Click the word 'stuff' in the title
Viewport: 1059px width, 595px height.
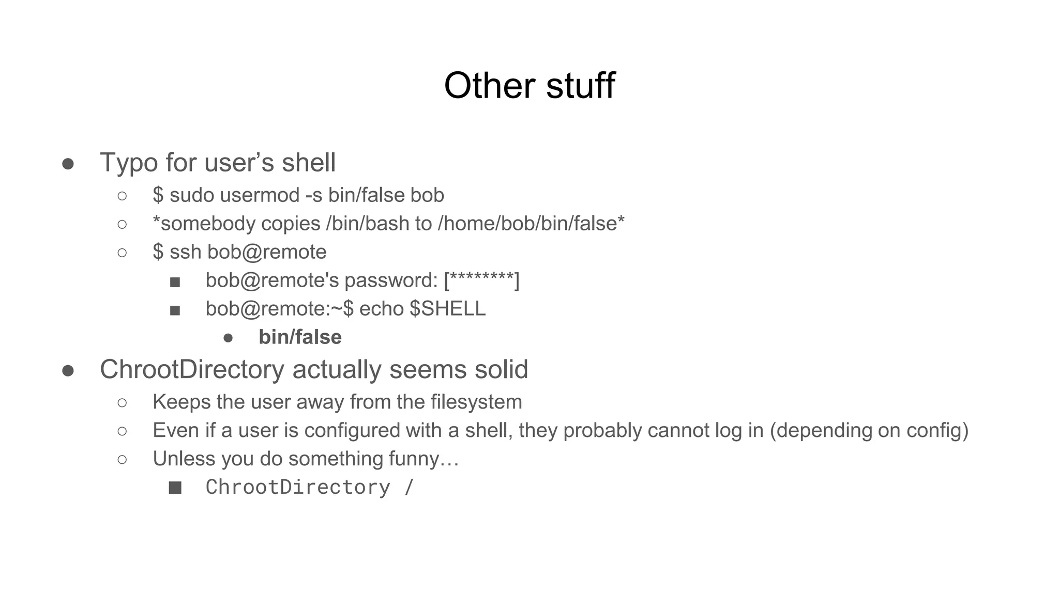[x=580, y=85]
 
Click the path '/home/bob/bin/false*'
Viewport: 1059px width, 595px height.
[x=531, y=224]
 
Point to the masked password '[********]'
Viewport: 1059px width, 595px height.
[x=481, y=280]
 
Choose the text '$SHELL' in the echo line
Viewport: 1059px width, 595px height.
[x=447, y=309]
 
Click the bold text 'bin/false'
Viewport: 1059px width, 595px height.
[x=300, y=337]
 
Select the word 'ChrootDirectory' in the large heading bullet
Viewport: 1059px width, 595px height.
[x=192, y=370]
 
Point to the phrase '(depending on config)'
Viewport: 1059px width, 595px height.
[x=869, y=430]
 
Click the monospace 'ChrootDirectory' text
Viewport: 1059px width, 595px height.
[x=298, y=487]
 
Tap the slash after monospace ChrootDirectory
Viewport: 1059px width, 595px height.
[x=409, y=487]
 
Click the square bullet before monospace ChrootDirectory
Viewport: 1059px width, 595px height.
[x=175, y=488]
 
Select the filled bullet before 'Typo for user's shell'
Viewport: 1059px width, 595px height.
[x=68, y=164]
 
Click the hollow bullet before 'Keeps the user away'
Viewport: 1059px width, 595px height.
[x=122, y=402]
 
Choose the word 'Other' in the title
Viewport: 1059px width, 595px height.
[x=489, y=85]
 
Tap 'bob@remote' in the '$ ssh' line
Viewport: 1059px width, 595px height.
[x=267, y=252]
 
